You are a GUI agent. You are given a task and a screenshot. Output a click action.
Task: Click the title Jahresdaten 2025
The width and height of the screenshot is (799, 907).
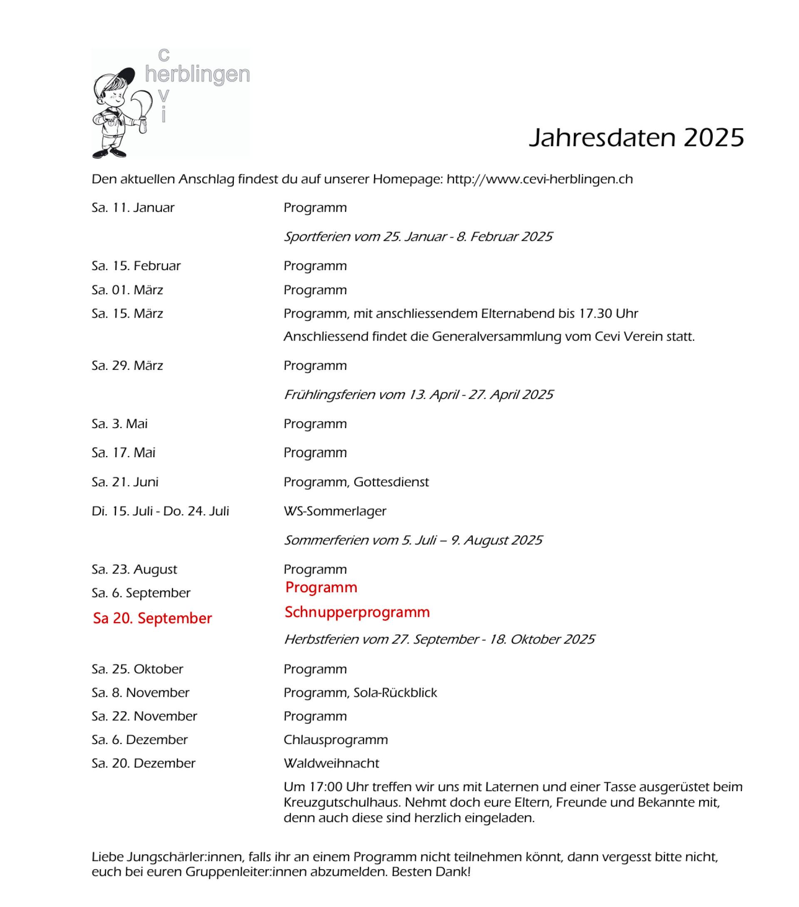[636, 138]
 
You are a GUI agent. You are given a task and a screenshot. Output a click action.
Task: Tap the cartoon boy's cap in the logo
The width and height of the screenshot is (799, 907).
[120, 78]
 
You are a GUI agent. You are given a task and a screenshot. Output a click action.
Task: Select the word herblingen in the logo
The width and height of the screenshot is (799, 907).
[197, 74]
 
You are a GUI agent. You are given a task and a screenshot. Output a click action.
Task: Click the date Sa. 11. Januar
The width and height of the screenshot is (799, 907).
[133, 208]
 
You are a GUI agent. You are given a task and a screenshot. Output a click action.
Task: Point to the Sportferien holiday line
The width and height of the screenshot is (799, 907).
[417, 237]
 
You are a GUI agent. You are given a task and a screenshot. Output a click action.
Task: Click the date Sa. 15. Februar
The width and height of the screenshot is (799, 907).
[136, 266]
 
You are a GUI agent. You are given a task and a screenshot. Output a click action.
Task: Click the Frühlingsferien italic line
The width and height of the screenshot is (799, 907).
[418, 394]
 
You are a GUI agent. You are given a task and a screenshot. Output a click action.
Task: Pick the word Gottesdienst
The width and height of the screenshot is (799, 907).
[391, 482]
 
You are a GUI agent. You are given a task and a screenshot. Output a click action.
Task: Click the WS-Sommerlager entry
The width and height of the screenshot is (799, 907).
[335, 511]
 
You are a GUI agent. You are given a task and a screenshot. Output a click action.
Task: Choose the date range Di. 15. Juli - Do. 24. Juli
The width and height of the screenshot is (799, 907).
[160, 511]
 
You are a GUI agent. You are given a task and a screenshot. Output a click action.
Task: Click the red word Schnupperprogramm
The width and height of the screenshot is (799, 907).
[357, 612]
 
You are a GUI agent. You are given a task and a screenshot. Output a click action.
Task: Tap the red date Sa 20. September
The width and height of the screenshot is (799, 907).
[152, 618]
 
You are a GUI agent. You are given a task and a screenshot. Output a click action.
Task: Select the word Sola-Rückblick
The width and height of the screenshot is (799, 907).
[395, 693]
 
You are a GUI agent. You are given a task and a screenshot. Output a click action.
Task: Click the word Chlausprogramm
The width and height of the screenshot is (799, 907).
[335, 740]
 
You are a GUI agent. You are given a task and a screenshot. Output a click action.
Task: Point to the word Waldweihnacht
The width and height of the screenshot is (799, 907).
[331, 763]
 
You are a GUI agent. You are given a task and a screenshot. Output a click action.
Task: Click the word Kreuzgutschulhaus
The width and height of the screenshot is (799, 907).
[342, 802]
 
